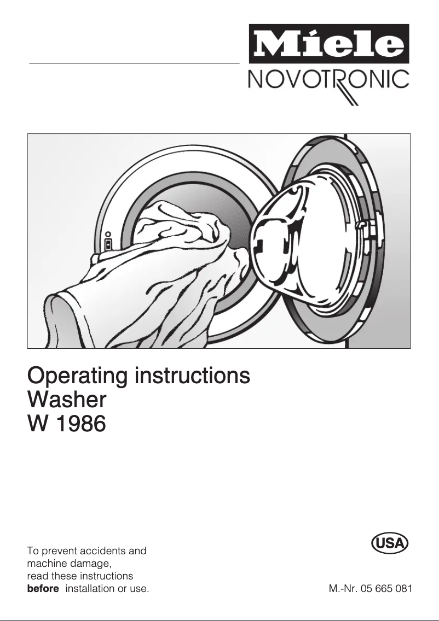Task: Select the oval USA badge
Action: click(390, 543)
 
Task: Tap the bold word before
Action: click(43, 589)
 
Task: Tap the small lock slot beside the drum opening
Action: click(108, 244)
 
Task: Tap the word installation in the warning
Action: click(90, 589)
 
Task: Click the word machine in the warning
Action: click(46, 564)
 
